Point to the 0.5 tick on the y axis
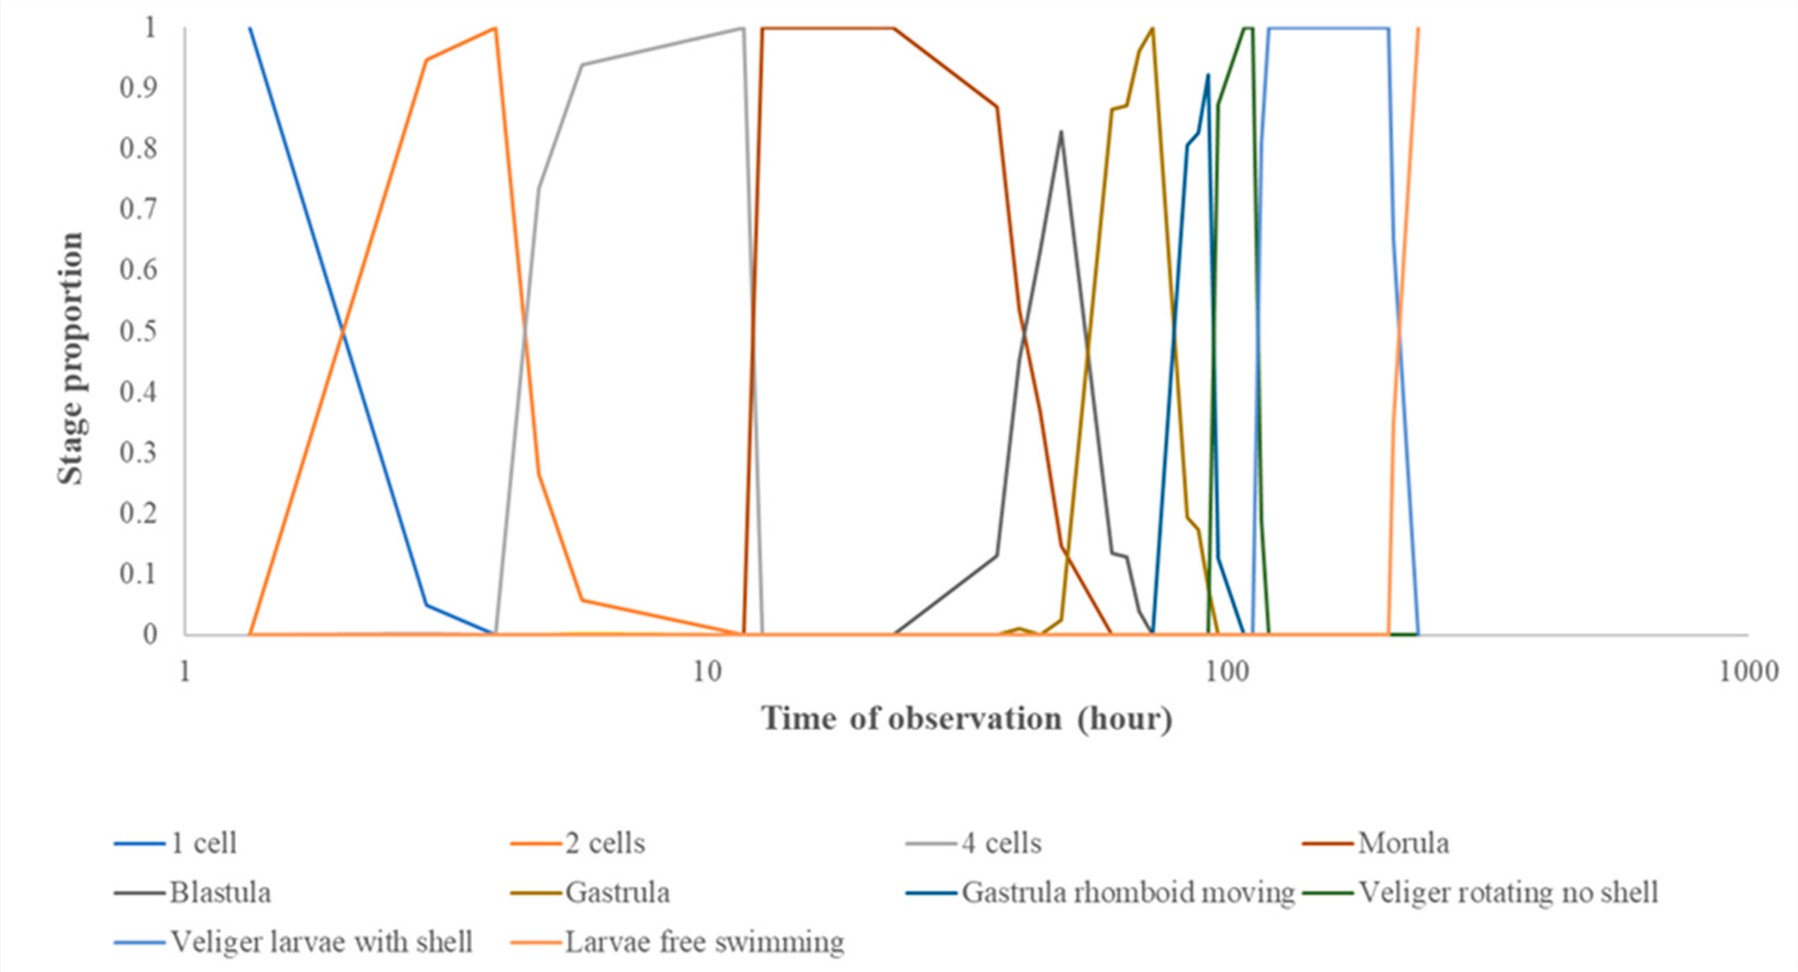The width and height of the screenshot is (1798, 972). click(x=138, y=331)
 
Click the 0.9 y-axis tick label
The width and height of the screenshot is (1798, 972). click(x=138, y=88)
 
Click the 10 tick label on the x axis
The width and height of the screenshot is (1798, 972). click(x=706, y=672)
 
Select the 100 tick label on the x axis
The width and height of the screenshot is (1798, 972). click(x=1227, y=672)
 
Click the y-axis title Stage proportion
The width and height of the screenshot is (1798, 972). click(x=71, y=359)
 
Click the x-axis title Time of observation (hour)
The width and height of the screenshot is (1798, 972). click(x=967, y=718)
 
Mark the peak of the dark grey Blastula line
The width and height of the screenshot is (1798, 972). click(x=1061, y=132)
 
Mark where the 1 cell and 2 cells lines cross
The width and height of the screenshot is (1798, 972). click(x=342, y=332)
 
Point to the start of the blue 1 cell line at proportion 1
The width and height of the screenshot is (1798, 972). click(x=250, y=28)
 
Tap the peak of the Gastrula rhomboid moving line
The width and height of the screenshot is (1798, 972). click(x=1208, y=75)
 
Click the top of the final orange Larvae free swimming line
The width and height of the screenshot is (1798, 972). click(x=1418, y=28)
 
